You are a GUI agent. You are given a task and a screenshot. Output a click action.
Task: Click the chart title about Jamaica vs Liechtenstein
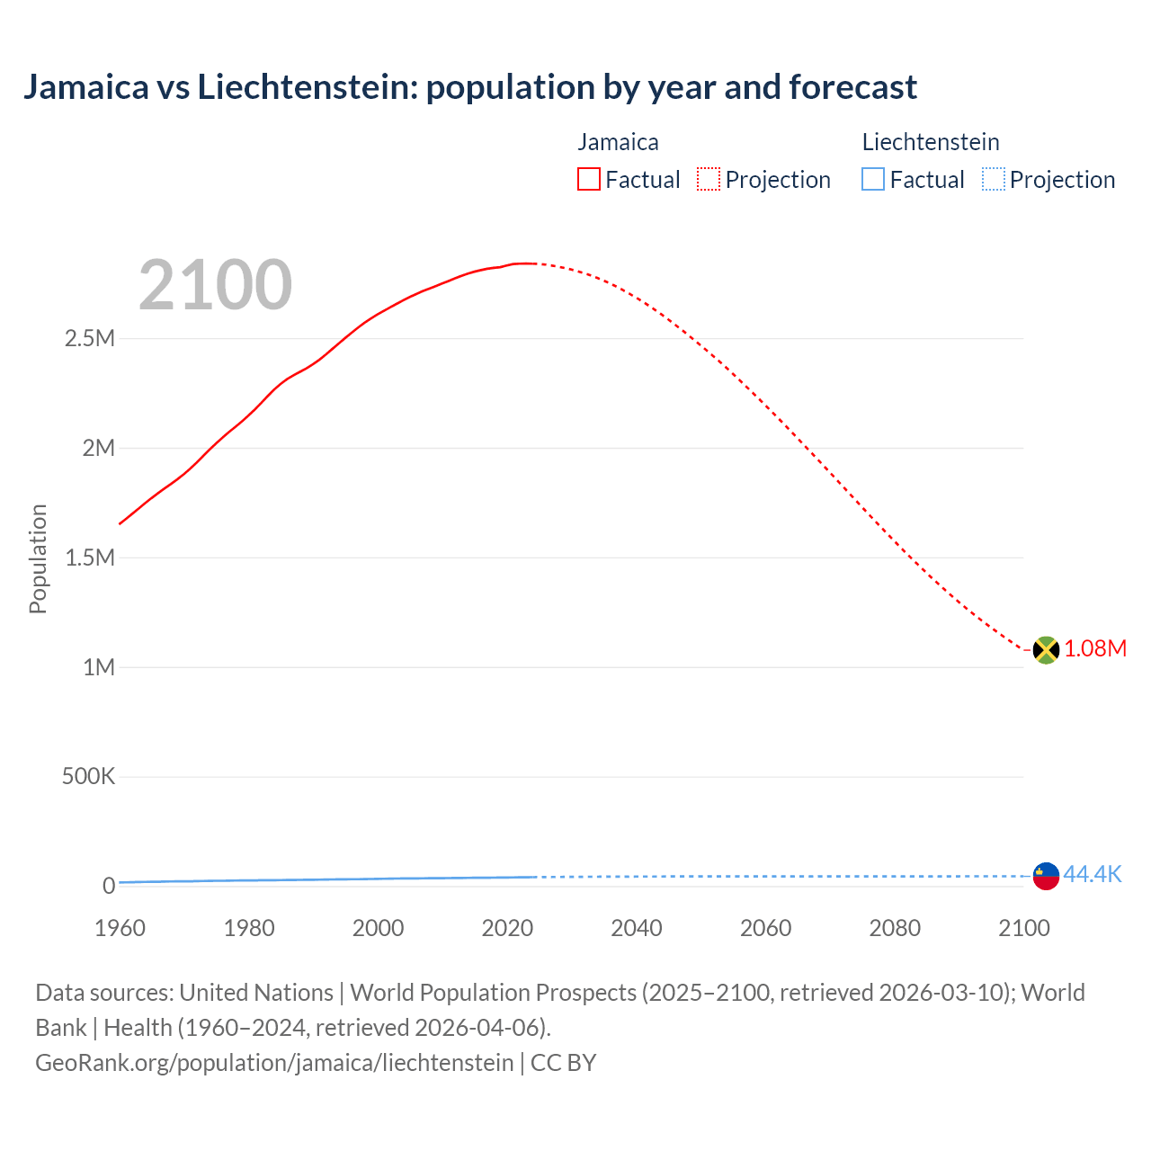pyautogui.click(x=469, y=87)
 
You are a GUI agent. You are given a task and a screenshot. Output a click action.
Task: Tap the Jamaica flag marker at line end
pyautogui.click(x=1045, y=649)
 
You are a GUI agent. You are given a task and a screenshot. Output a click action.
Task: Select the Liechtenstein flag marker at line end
pyautogui.click(x=1045, y=875)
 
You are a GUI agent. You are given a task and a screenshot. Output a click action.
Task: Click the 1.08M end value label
pyautogui.click(x=1095, y=649)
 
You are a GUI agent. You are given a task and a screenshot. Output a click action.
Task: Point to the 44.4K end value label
pyautogui.click(x=1093, y=874)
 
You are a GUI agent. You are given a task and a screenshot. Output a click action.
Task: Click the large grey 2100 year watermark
pyautogui.click(x=215, y=285)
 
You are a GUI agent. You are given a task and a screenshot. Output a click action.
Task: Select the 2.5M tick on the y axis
pyautogui.click(x=90, y=339)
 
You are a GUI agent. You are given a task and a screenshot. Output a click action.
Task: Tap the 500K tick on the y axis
pyautogui.click(x=88, y=776)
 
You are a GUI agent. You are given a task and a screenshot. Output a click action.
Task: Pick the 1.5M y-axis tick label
pyautogui.click(x=90, y=558)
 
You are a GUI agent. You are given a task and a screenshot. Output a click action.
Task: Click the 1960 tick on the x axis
pyautogui.click(x=120, y=928)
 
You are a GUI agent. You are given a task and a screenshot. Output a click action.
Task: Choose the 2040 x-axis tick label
pyautogui.click(x=637, y=928)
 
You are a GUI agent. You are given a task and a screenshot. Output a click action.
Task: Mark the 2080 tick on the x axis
pyautogui.click(x=895, y=928)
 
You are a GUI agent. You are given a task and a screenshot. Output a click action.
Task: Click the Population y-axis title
pyautogui.click(x=38, y=558)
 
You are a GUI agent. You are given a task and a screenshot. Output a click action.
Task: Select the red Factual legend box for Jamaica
pyautogui.click(x=588, y=180)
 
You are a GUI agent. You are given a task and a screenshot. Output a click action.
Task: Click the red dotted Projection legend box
pyautogui.click(x=709, y=180)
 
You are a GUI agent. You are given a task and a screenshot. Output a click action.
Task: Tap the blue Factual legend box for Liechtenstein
pyautogui.click(x=872, y=180)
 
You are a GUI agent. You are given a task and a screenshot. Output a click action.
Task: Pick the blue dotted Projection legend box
pyautogui.click(x=993, y=180)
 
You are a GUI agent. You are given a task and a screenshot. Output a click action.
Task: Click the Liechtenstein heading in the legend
pyautogui.click(x=931, y=142)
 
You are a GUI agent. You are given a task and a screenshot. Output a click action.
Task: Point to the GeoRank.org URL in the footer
pyautogui.click(x=274, y=1063)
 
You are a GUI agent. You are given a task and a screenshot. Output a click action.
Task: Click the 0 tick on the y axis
pyautogui.click(x=108, y=886)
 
